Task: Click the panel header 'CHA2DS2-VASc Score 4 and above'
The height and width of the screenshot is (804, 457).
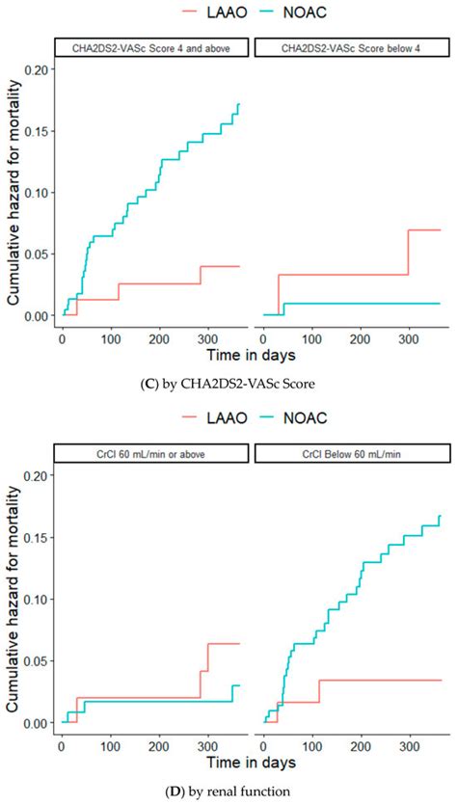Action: (150, 47)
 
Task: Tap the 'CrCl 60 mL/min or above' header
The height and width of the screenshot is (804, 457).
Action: (150, 453)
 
